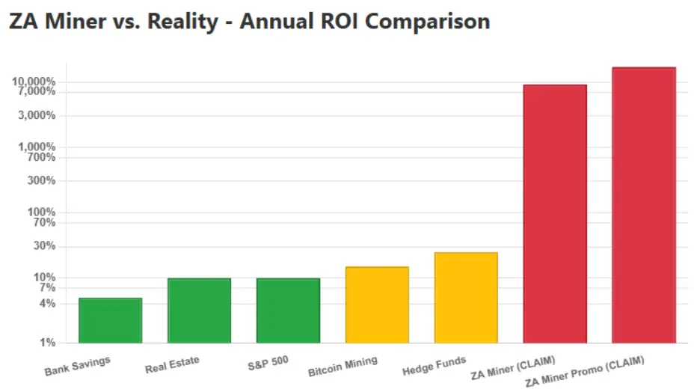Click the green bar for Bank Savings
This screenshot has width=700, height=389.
[110, 320]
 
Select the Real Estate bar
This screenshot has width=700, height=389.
[199, 310]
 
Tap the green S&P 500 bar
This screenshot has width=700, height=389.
[288, 310]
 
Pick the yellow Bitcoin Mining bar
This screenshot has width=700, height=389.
[377, 304]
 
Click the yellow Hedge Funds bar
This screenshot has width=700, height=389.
[466, 298]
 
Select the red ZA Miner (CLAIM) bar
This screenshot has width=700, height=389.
[555, 214]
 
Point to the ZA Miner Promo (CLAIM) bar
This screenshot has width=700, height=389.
[644, 205]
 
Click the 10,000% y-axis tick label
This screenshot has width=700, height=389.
[35, 82]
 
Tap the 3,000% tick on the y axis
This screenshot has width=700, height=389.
[37, 115]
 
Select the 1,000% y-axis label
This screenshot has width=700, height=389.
[37, 147]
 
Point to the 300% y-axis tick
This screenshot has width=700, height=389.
[42, 180]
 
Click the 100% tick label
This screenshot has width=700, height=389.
[42, 212]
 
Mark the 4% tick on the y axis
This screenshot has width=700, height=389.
[47, 303]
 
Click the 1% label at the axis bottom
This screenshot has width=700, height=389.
[47, 343]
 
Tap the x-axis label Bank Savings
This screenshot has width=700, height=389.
[77, 367]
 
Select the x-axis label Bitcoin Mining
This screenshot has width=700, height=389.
[343, 367]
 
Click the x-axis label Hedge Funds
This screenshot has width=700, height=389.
[434, 366]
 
